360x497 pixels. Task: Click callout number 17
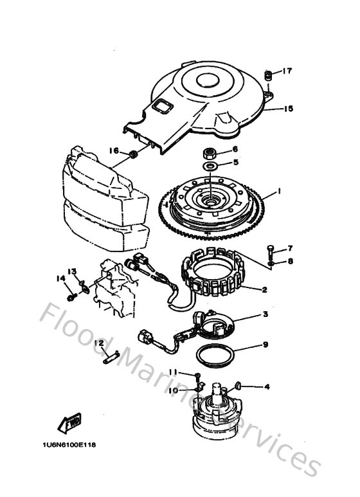click(x=287, y=71)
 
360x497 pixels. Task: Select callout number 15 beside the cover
click(x=288, y=109)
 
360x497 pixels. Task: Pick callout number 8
click(x=290, y=261)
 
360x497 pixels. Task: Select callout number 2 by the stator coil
click(x=264, y=289)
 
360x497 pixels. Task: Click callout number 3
click(x=264, y=314)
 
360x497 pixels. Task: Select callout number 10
click(x=173, y=390)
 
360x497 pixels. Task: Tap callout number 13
click(x=72, y=271)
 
